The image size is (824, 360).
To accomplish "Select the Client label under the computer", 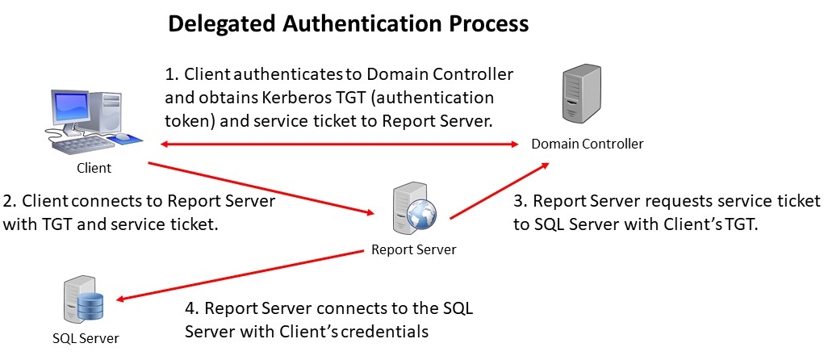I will (94, 169).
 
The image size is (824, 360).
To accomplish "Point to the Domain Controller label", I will (588, 144).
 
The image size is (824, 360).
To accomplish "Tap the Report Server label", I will (413, 249).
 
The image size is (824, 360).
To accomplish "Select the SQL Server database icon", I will (83, 301).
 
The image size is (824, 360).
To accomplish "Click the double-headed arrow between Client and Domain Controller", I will (339, 144).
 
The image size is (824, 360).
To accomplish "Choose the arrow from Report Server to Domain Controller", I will (500, 190).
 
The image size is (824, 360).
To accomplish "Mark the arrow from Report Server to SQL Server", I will (242, 274).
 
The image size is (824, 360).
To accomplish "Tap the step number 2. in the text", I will (10, 200).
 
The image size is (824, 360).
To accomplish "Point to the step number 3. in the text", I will (520, 201).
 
